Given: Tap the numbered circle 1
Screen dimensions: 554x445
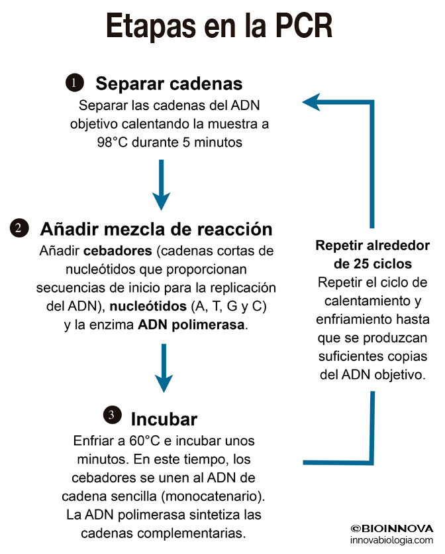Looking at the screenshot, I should (74, 83).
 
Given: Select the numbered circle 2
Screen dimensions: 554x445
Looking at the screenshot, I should (19, 228).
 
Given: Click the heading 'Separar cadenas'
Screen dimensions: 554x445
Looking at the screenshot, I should (169, 84).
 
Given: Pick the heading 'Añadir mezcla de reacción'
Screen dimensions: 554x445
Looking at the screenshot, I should (156, 229).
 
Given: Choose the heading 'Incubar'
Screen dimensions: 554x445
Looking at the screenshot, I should (164, 419).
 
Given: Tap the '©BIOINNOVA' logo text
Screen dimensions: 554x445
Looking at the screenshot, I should (392, 529).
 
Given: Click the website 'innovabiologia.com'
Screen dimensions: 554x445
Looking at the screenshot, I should (392, 541).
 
